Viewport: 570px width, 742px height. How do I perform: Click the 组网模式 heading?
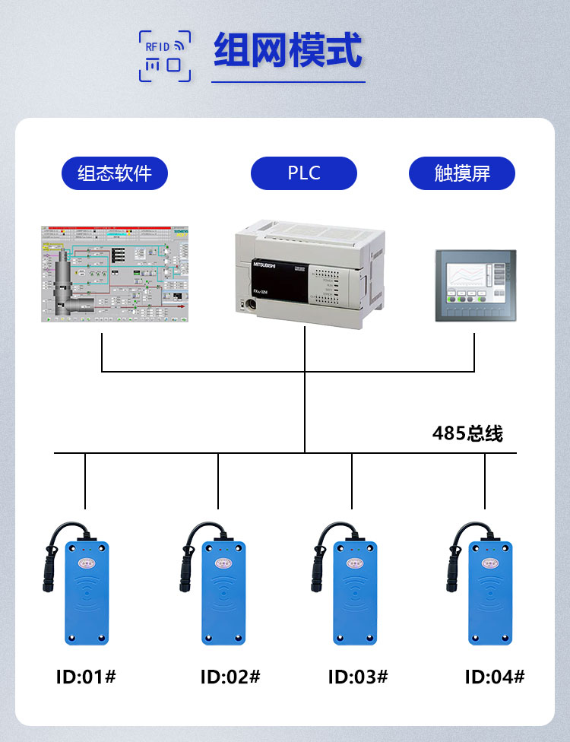(288, 51)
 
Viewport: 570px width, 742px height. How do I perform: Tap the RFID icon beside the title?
(164, 55)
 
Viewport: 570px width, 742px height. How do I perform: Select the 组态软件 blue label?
(115, 173)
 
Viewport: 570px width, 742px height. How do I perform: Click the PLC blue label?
(304, 173)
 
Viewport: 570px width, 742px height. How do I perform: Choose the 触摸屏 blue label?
(462, 173)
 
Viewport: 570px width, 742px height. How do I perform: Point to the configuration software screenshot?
(115, 274)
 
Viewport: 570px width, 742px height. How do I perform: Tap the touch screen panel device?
(475, 285)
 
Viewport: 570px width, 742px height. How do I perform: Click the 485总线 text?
(467, 433)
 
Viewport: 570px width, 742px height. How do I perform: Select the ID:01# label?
(86, 676)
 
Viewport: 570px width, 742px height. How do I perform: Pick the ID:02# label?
(230, 676)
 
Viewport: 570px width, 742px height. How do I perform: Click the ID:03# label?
(358, 676)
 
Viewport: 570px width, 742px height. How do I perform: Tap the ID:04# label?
(495, 676)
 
